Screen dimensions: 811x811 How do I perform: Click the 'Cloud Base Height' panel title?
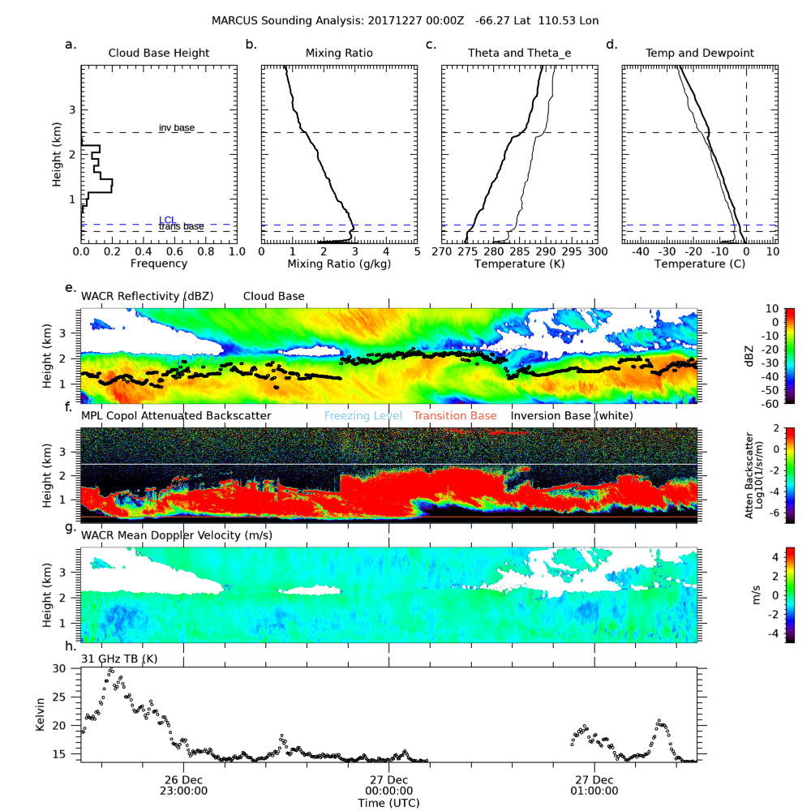pyautogui.click(x=159, y=54)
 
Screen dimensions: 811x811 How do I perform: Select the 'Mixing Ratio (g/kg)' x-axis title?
pyautogui.click(x=339, y=264)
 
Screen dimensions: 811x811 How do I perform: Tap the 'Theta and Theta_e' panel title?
pyautogui.click(x=520, y=54)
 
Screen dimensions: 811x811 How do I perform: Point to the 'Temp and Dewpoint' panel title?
pyautogui.click(x=700, y=54)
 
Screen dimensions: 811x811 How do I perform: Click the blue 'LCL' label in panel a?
pyautogui.click(x=167, y=220)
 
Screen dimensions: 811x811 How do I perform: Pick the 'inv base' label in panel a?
pyautogui.click(x=177, y=128)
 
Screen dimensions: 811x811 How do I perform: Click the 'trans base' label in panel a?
pyautogui.click(x=181, y=227)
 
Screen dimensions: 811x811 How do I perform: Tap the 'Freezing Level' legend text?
pyautogui.click(x=363, y=416)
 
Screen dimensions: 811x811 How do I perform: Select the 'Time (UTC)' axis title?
pyautogui.click(x=388, y=803)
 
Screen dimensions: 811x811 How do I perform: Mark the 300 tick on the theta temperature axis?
pyautogui.click(x=597, y=252)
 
